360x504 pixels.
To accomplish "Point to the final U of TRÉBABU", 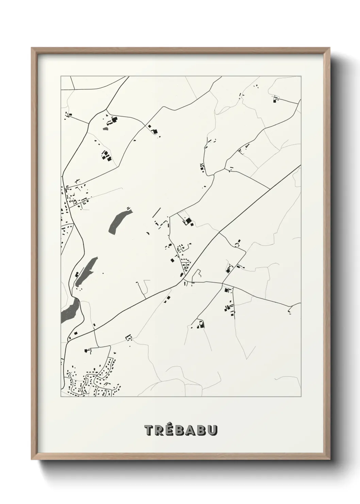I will [x=212, y=430].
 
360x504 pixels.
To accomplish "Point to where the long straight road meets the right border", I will [x=300, y=166].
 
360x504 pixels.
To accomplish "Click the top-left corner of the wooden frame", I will [x=31, y=48].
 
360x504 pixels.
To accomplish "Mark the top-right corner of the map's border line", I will [x=301, y=76].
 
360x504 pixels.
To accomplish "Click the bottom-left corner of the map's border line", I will [x=61, y=397].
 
